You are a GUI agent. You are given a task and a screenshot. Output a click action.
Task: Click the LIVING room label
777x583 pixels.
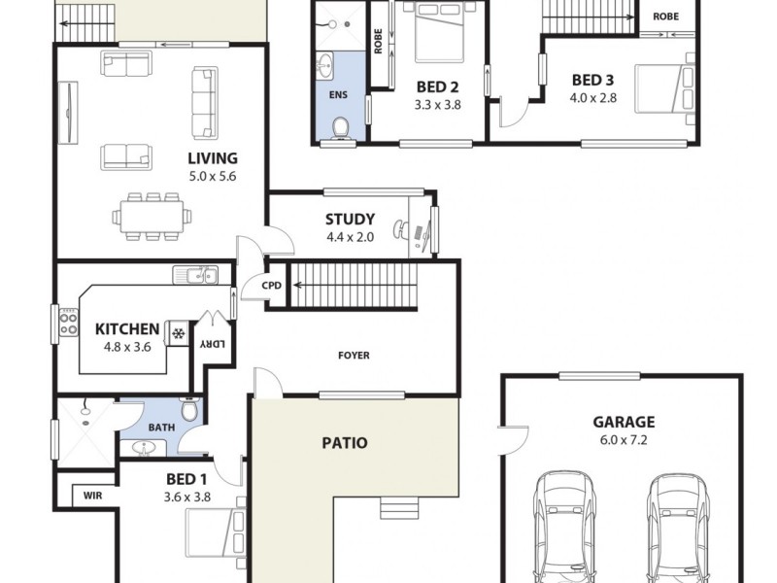click(x=213, y=158)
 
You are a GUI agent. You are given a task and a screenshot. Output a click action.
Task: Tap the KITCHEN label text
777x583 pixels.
click(x=127, y=328)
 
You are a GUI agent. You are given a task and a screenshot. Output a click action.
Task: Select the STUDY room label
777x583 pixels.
click(x=350, y=220)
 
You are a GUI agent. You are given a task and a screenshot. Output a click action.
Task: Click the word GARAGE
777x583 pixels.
click(x=624, y=422)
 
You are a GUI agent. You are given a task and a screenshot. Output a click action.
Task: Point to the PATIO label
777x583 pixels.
click(x=345, y=443)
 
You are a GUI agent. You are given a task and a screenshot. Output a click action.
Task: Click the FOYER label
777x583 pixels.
click(x=354, y=356)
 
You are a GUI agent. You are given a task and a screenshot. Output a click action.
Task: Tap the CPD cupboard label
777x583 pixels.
click(x=272, y=286)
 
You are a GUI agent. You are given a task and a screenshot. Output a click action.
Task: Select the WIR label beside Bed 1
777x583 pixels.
click(x=93, y=495)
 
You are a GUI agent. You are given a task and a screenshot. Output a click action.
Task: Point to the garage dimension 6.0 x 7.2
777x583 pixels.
click(x=624, y=439)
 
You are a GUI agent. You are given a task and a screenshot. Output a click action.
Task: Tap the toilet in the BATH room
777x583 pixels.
click(x=190, y=411)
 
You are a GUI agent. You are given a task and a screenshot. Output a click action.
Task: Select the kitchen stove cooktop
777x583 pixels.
click(x=68, y=322)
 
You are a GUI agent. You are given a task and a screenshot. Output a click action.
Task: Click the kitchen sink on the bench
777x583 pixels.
click(x=195, y=276)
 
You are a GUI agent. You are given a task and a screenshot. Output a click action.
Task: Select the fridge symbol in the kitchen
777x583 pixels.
click(x=178, y=333)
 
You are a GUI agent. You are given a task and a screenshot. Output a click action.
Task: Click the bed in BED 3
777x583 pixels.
click(x=663, y=88)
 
